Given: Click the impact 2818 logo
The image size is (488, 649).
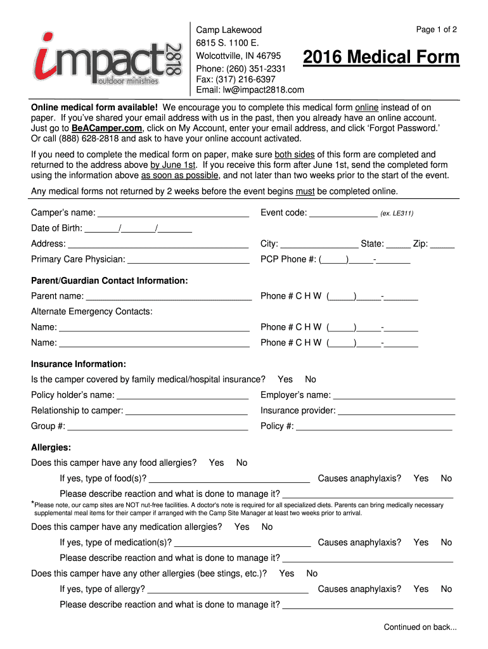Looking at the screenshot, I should (x=108, y=58).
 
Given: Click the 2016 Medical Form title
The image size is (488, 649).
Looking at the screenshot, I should (x=381, y=58).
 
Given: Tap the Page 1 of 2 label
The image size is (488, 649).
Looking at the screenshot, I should (x=436, y=30).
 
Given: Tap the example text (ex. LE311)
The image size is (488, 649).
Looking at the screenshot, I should (x=397, y=214).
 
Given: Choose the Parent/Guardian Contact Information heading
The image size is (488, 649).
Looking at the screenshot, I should (x=110, y=281).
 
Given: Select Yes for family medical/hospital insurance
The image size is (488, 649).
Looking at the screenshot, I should (x=285, y=380).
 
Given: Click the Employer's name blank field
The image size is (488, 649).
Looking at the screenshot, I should (x=394, y=396).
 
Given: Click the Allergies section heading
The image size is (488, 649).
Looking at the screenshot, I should (x=51, y=447).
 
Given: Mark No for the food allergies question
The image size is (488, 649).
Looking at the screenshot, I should (x=241, y=463).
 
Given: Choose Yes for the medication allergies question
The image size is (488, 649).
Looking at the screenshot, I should (x=241, y=527).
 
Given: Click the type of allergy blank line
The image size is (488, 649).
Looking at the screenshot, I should (x=228, y=590).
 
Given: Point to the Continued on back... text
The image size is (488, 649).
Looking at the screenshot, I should (x=420, y=627).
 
